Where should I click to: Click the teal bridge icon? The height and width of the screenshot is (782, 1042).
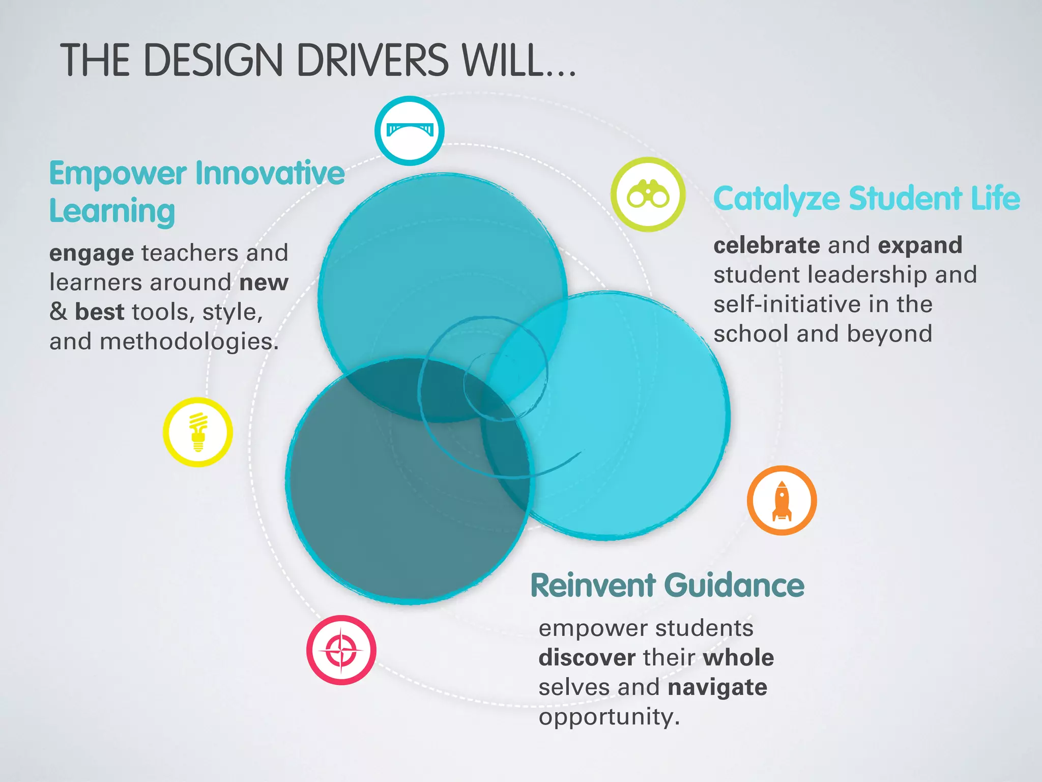pyautogui.click(x=409, y=130)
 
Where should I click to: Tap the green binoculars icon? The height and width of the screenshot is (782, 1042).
pyautogui.click(x=648, y=194)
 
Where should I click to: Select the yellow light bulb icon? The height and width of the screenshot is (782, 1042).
pyautogui.click(x=198, y=432)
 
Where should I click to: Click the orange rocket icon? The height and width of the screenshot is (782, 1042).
pyautogui.click(x=781, y=500)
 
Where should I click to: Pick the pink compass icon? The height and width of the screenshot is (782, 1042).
pyautogui.click(x=341, y=650)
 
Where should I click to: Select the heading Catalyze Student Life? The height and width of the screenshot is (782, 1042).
pyautogui.click(x=866, y=199)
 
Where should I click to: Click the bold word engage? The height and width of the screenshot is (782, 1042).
pyautogui.click(x=92, y=254)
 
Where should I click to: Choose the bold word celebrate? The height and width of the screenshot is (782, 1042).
pyautogui.click(x=766, y=245)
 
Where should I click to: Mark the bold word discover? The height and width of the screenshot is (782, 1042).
pyautogui.click(x=587, y=658)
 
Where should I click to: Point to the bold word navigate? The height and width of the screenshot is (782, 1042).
pyautogui.click(x=717, y=688)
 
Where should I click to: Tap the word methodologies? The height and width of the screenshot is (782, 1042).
pyautogui.click(x=189, y=342)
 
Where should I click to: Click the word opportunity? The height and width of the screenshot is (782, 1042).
pyautogui.click(x=609, y=717)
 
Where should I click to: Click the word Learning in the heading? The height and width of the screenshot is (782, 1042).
pyautogui.click(x=112, y=212)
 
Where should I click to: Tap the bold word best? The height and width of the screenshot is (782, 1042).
pyautogui.click(x=100, y=312)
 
